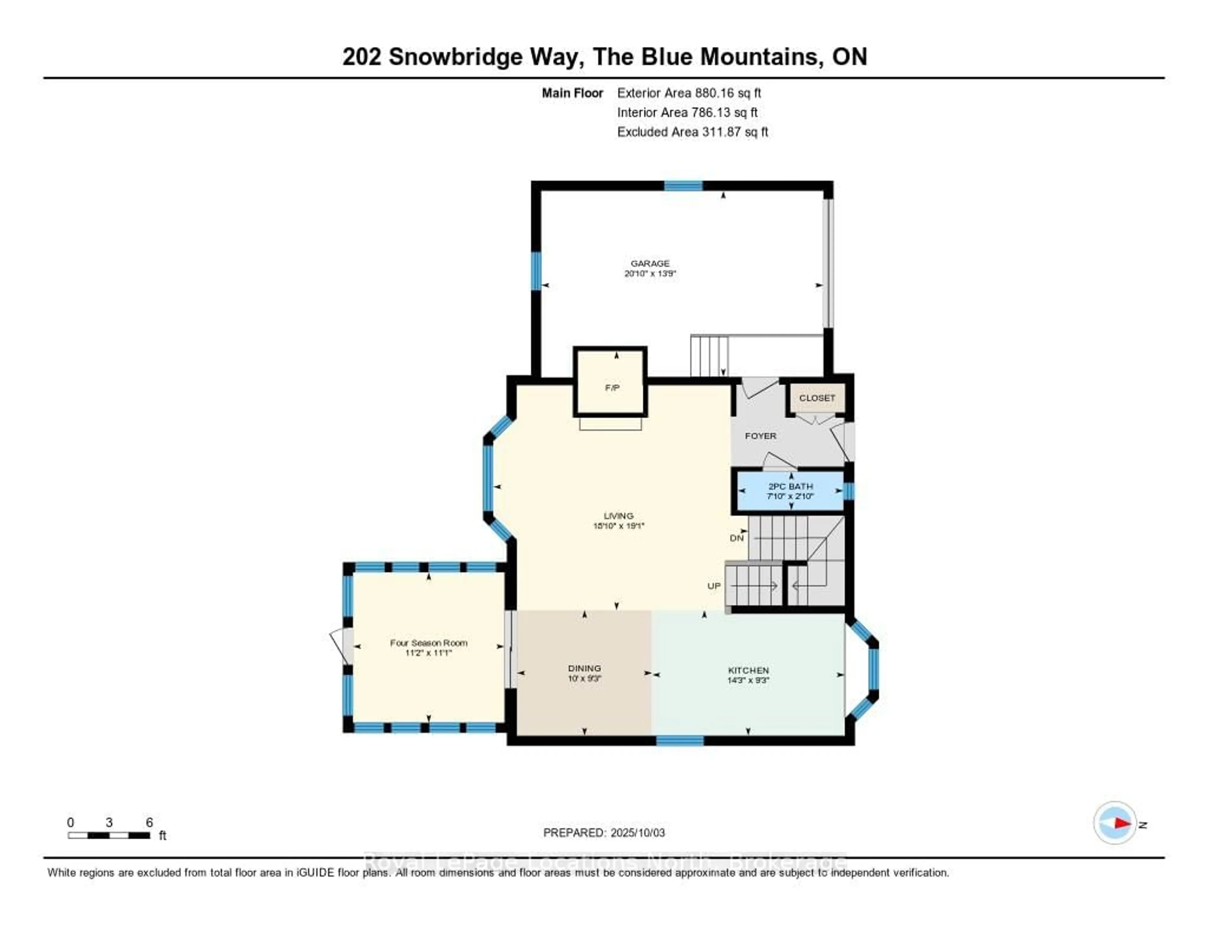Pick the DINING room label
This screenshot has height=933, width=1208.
(x=584, y=668)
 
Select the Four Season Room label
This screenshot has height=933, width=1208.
(x=429, y=643)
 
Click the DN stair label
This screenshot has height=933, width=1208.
(x=736, y=538)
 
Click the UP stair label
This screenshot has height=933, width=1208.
(x=713, y=586)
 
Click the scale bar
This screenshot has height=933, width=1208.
(x=109, y=835)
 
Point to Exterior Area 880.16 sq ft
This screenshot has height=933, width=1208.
(x=689, y=93)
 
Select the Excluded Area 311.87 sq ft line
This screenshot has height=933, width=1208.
(x=692, y=131)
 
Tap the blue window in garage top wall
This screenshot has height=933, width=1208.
(x=683, y=186)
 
